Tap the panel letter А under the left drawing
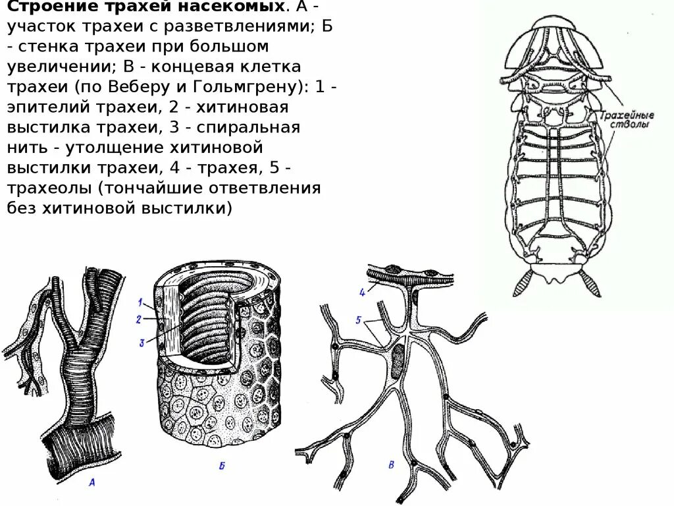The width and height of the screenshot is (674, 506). click(x=92, y=483)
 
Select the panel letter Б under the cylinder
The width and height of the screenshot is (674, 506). click(x=222, y=467)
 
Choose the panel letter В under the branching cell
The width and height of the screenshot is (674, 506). click(x=392, y=465)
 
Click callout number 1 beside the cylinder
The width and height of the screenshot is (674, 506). click(x=140, y=302)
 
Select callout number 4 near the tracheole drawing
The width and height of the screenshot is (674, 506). click(x=362, y=293)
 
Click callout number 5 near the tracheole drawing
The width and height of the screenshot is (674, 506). click(x=357, y=320)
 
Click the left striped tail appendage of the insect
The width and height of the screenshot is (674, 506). click(x=524, y=283)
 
